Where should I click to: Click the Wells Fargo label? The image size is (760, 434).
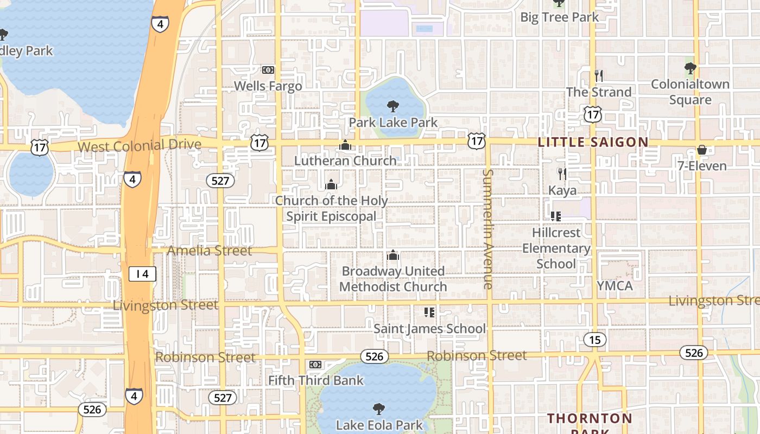[x=268, y=86]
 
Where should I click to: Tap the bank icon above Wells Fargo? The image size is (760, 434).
[x=268, y=70]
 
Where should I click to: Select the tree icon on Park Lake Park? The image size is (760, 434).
[x=392, y=106]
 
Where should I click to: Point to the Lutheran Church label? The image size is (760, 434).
[x=345, y=161]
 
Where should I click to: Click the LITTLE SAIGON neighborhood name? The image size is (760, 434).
[x=593, y=142]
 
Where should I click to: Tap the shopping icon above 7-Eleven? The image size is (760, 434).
[x=702, y=150]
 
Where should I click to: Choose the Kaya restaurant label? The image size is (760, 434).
[x=562, y=190]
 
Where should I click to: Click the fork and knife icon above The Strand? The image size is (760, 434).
[x=599, y=75]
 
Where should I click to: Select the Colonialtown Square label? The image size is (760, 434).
[x=690, y=92]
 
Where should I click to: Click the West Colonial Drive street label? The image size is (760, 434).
[x=140, y=145]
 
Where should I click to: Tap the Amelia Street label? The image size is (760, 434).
[x=210, y=251]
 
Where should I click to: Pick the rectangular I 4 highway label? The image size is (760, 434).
[x=142, y=274]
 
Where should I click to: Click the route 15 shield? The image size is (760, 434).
[x=595, y=340]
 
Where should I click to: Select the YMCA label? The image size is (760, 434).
[x=615, y=285]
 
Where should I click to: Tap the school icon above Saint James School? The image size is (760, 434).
[x=429, y=312]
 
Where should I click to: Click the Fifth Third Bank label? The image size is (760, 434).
[x=316, y=380]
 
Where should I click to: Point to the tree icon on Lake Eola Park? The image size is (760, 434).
[x=379, y=409]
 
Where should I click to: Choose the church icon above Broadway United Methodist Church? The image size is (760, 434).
[x=393, y=255]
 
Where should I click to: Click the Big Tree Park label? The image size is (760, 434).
[x=560, y=17]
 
